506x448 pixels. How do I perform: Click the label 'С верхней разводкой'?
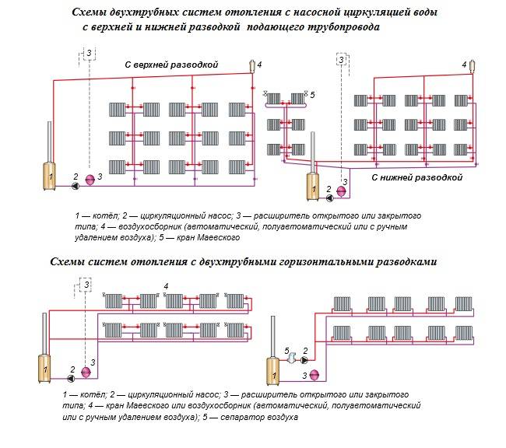pyautogui.click(x=172, y=64)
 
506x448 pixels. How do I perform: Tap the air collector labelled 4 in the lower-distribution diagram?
pyautogui.click(x=471, y=65)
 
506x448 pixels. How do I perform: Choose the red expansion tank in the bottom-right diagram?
pyautogui.click(x=314, y=375)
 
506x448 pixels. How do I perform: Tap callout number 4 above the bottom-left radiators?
pyautogui.click(x=165, y=286)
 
